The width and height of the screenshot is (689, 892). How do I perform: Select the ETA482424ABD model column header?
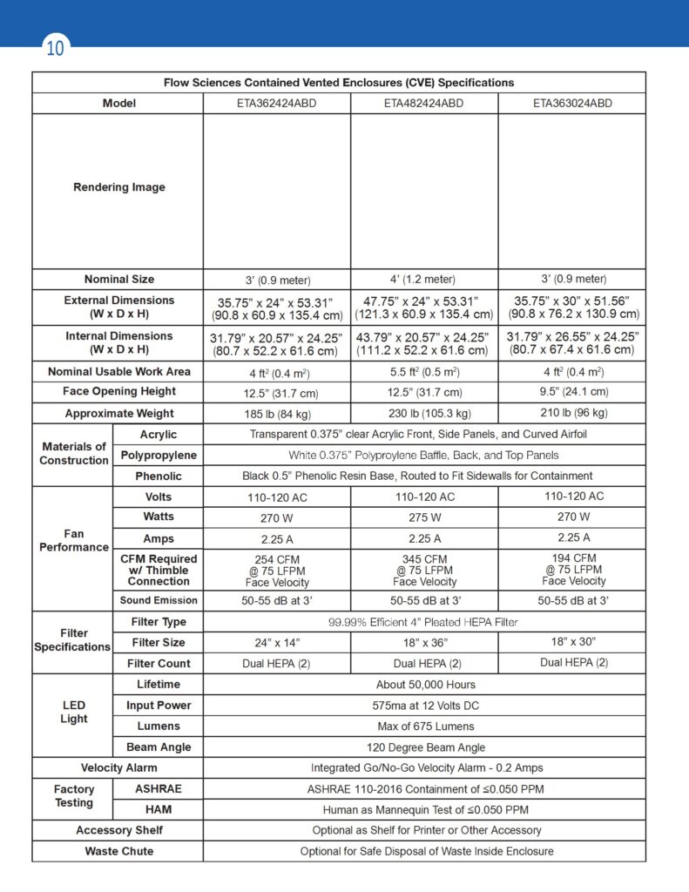coord(423,103)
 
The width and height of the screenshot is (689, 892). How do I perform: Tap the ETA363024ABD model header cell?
coord(572,103)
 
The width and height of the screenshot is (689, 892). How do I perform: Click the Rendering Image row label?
coord(118,187)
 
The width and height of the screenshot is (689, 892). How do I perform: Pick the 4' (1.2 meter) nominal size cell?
coord(423,279)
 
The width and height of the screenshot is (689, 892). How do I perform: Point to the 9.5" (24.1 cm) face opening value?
coord(572,391)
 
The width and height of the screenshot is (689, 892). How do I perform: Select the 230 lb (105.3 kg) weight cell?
coord(423,413)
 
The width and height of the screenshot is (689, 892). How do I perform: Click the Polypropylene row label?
coord(158,455)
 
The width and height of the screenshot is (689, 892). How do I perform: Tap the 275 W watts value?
coord(424,517)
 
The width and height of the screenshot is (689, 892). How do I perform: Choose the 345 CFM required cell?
coord(424,570)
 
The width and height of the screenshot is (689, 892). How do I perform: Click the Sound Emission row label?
coord(158,600)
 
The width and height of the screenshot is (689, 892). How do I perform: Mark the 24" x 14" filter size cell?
coord(276,643)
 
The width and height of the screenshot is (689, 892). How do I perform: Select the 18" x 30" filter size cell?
coord(573,641)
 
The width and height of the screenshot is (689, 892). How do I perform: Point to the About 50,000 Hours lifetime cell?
coord(425,685)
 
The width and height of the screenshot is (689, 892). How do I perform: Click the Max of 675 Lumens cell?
coord(425,726)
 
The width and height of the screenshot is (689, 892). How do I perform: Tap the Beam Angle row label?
coord(158,747)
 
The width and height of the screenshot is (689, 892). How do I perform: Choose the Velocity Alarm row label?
coord(118,768)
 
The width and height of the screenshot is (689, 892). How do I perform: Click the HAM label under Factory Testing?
coord(158,810)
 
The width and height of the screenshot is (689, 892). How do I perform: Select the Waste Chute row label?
coord(118,851)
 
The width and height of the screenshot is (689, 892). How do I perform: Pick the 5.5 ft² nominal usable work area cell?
coord(423,371)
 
